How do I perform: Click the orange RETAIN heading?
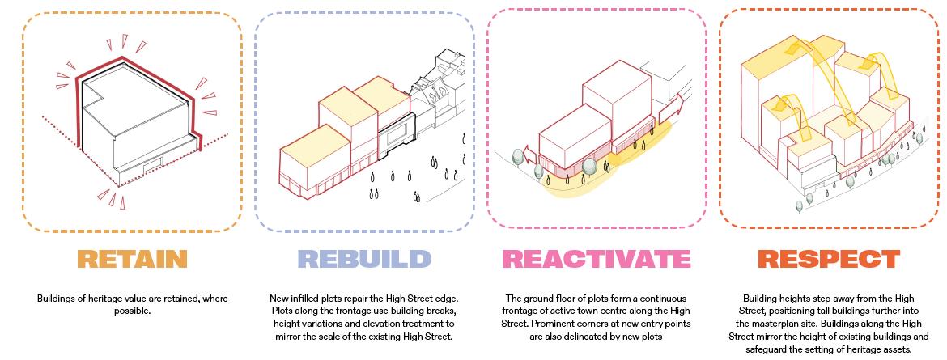(x=132, y=259)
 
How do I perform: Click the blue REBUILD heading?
(x=364, y=259)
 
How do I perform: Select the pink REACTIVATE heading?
(x=597, y=259)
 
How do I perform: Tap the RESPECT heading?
(x=828, y=259)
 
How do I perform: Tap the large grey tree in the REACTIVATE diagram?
(x=591, y=167)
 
